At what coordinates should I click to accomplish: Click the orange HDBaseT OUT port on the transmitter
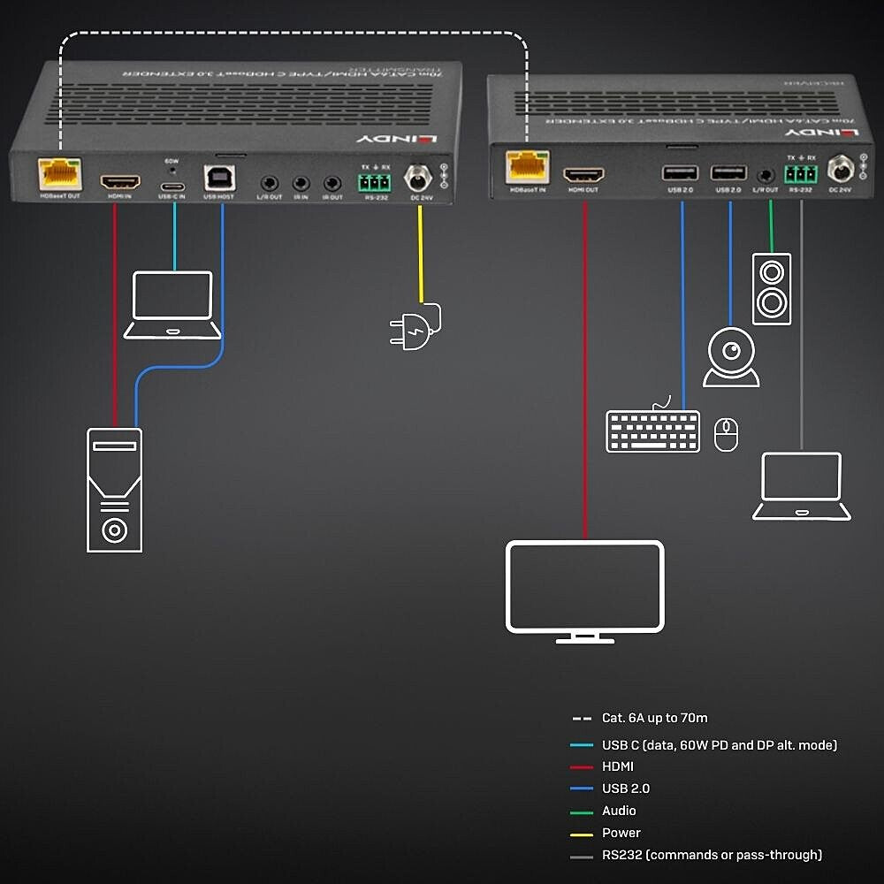coord(59,173)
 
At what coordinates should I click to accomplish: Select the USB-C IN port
coord(171,185)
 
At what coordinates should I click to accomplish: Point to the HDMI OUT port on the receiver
coord(583,174)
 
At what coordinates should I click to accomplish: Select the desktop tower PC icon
coord(114,489)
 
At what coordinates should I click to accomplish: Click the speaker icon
coord(771,288)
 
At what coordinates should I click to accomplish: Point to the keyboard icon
coord(652,430)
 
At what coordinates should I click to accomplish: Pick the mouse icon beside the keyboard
coord(726,434)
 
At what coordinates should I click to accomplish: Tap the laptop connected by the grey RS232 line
coord(801,485)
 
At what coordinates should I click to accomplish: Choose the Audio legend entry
coord(619,811)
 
